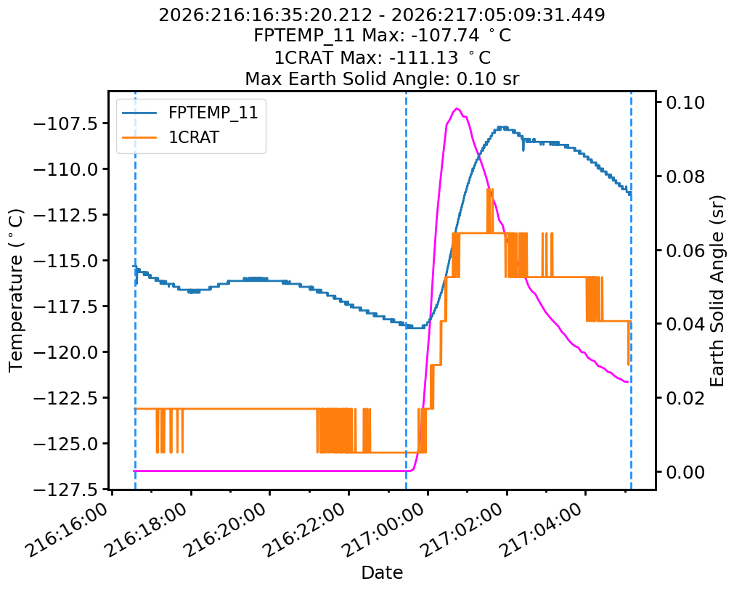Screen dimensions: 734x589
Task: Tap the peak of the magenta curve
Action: click(x=457, y=109)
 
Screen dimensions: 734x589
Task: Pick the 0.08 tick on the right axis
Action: click(x=685, y=176)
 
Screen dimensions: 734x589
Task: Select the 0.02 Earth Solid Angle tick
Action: click(x=685, y=398)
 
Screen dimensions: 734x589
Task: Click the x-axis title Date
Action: click(x=382, y=572)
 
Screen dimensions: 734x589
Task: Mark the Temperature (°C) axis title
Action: click(x=15, y=291)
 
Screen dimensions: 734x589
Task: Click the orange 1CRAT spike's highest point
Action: click(x=489, y=189)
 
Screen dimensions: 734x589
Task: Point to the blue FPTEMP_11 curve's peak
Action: click(x=502, y=127)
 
